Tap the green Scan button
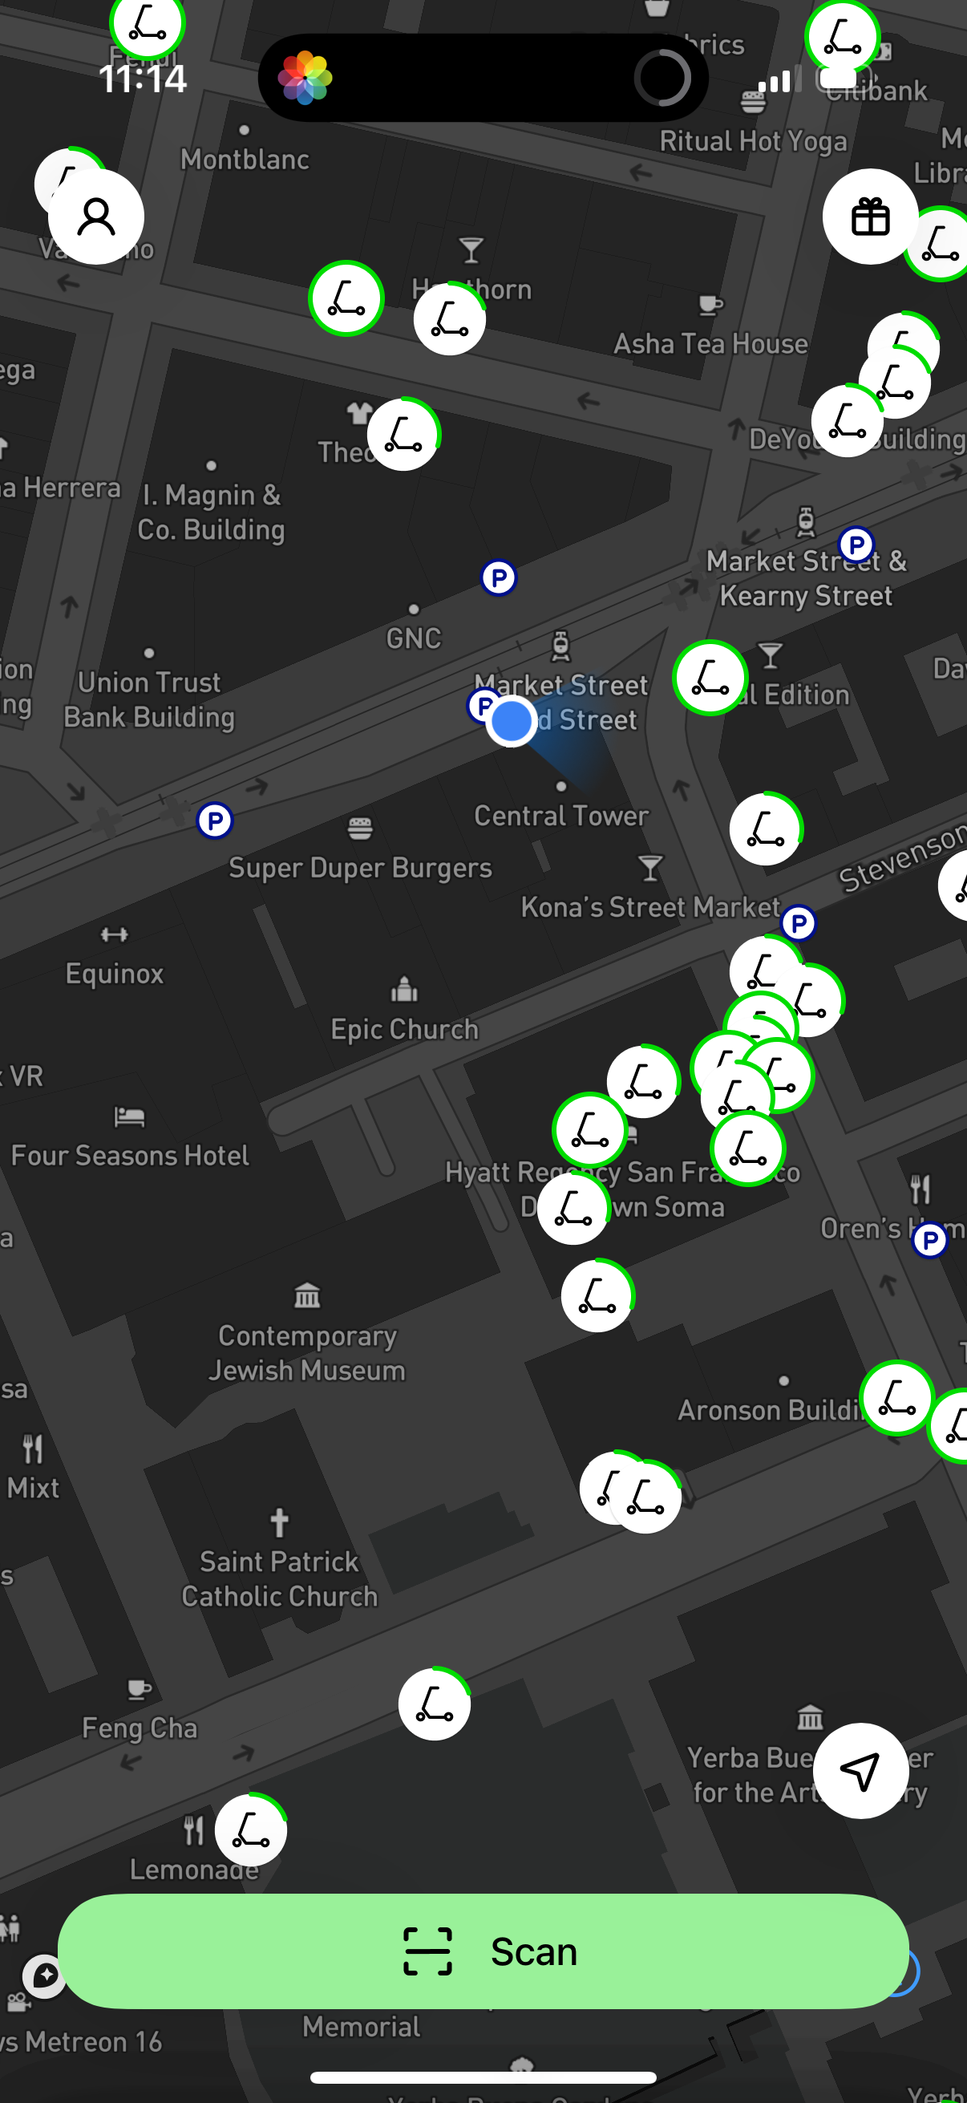tap(483, 1951)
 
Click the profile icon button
tap(96, 217)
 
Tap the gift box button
tap(870, 217)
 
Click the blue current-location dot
tap(512, 721)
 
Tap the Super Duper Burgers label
tap(360, 868)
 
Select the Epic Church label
tap(404, 1030)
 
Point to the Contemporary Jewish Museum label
tap(307, 1353)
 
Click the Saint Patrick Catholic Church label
tap(279, 1578)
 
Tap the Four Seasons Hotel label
tap(131, 1155)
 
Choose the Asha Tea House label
tap(710, 344)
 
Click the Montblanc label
tap(245, 159)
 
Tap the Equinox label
tap(114, 973)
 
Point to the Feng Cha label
tap(140, 1728)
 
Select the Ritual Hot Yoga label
tap(752, 141)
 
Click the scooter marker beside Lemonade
tap(250, 1829)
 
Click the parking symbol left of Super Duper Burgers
tap(216, 821)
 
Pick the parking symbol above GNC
tap(499, 578)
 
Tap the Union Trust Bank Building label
tap(149, 699)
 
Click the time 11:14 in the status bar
tap(143, 79)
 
